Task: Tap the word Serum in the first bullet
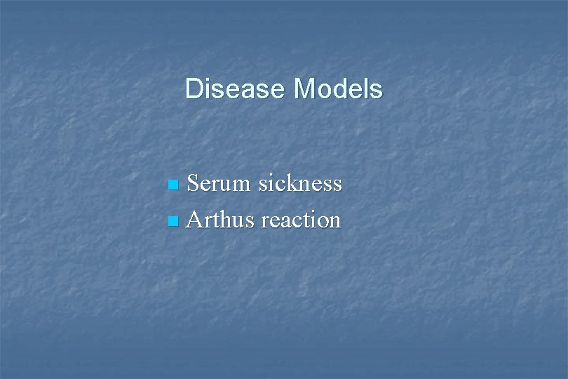coord(219,184)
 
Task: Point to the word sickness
coord(300,184)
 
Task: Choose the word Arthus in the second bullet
coord(222,220)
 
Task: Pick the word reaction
coord(301,220)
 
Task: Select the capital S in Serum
coord(194,184)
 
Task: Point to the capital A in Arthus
coord(195,220)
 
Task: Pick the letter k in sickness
coord(295,183)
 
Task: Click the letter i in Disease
coord(207,90)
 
